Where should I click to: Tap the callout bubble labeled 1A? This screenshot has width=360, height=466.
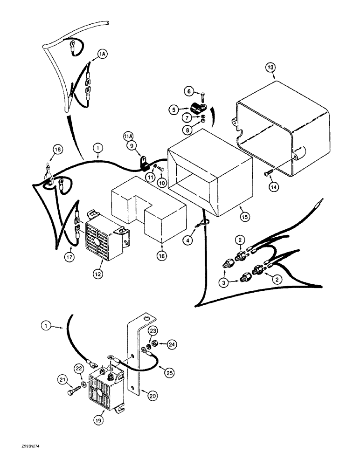tap(103, 55)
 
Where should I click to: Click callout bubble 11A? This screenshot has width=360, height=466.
tap(129, 136)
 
